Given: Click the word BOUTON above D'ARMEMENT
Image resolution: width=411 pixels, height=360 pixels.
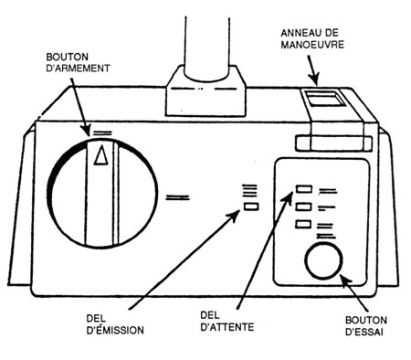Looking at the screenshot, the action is [68, 57].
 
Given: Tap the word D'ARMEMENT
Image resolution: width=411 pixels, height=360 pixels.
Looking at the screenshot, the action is [78, 69].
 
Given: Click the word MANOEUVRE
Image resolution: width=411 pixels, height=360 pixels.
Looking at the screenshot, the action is [312, 45].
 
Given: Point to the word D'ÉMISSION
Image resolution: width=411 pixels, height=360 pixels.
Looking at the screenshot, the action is [115, 331].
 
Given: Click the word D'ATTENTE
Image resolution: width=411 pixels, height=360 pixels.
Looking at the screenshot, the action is [227, 327].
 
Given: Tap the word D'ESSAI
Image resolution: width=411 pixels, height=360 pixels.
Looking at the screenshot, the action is [364, 332].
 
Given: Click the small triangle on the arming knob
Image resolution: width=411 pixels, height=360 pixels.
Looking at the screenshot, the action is [101, 155].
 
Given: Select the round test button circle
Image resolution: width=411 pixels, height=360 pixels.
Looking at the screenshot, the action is [323, 261].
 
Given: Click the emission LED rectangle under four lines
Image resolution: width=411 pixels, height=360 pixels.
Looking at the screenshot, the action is [251, 206].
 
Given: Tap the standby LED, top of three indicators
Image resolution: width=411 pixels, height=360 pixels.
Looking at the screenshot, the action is [304, 189].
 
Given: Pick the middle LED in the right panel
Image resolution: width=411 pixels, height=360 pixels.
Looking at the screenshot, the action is [304, 206].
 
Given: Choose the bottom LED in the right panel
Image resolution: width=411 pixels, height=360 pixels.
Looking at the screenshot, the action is [303, 225].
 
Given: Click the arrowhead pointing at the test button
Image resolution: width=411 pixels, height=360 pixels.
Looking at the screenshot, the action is [345, 280].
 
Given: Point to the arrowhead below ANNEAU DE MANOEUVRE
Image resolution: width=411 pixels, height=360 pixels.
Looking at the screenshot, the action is [315, 79].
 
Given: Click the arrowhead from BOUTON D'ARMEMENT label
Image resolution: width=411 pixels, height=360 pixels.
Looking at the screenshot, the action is [86, 130].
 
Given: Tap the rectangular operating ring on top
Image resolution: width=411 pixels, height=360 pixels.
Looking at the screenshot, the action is [324, 98].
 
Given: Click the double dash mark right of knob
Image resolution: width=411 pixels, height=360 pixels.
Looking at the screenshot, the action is [178, 198].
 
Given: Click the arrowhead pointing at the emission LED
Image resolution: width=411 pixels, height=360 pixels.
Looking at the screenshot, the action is [235, 216].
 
